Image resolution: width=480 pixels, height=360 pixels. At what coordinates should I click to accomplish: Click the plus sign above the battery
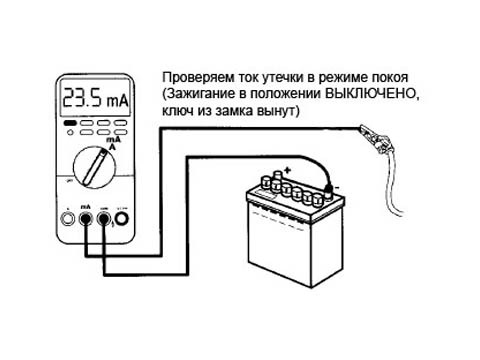pyautogui.click(x=288, y=170)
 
